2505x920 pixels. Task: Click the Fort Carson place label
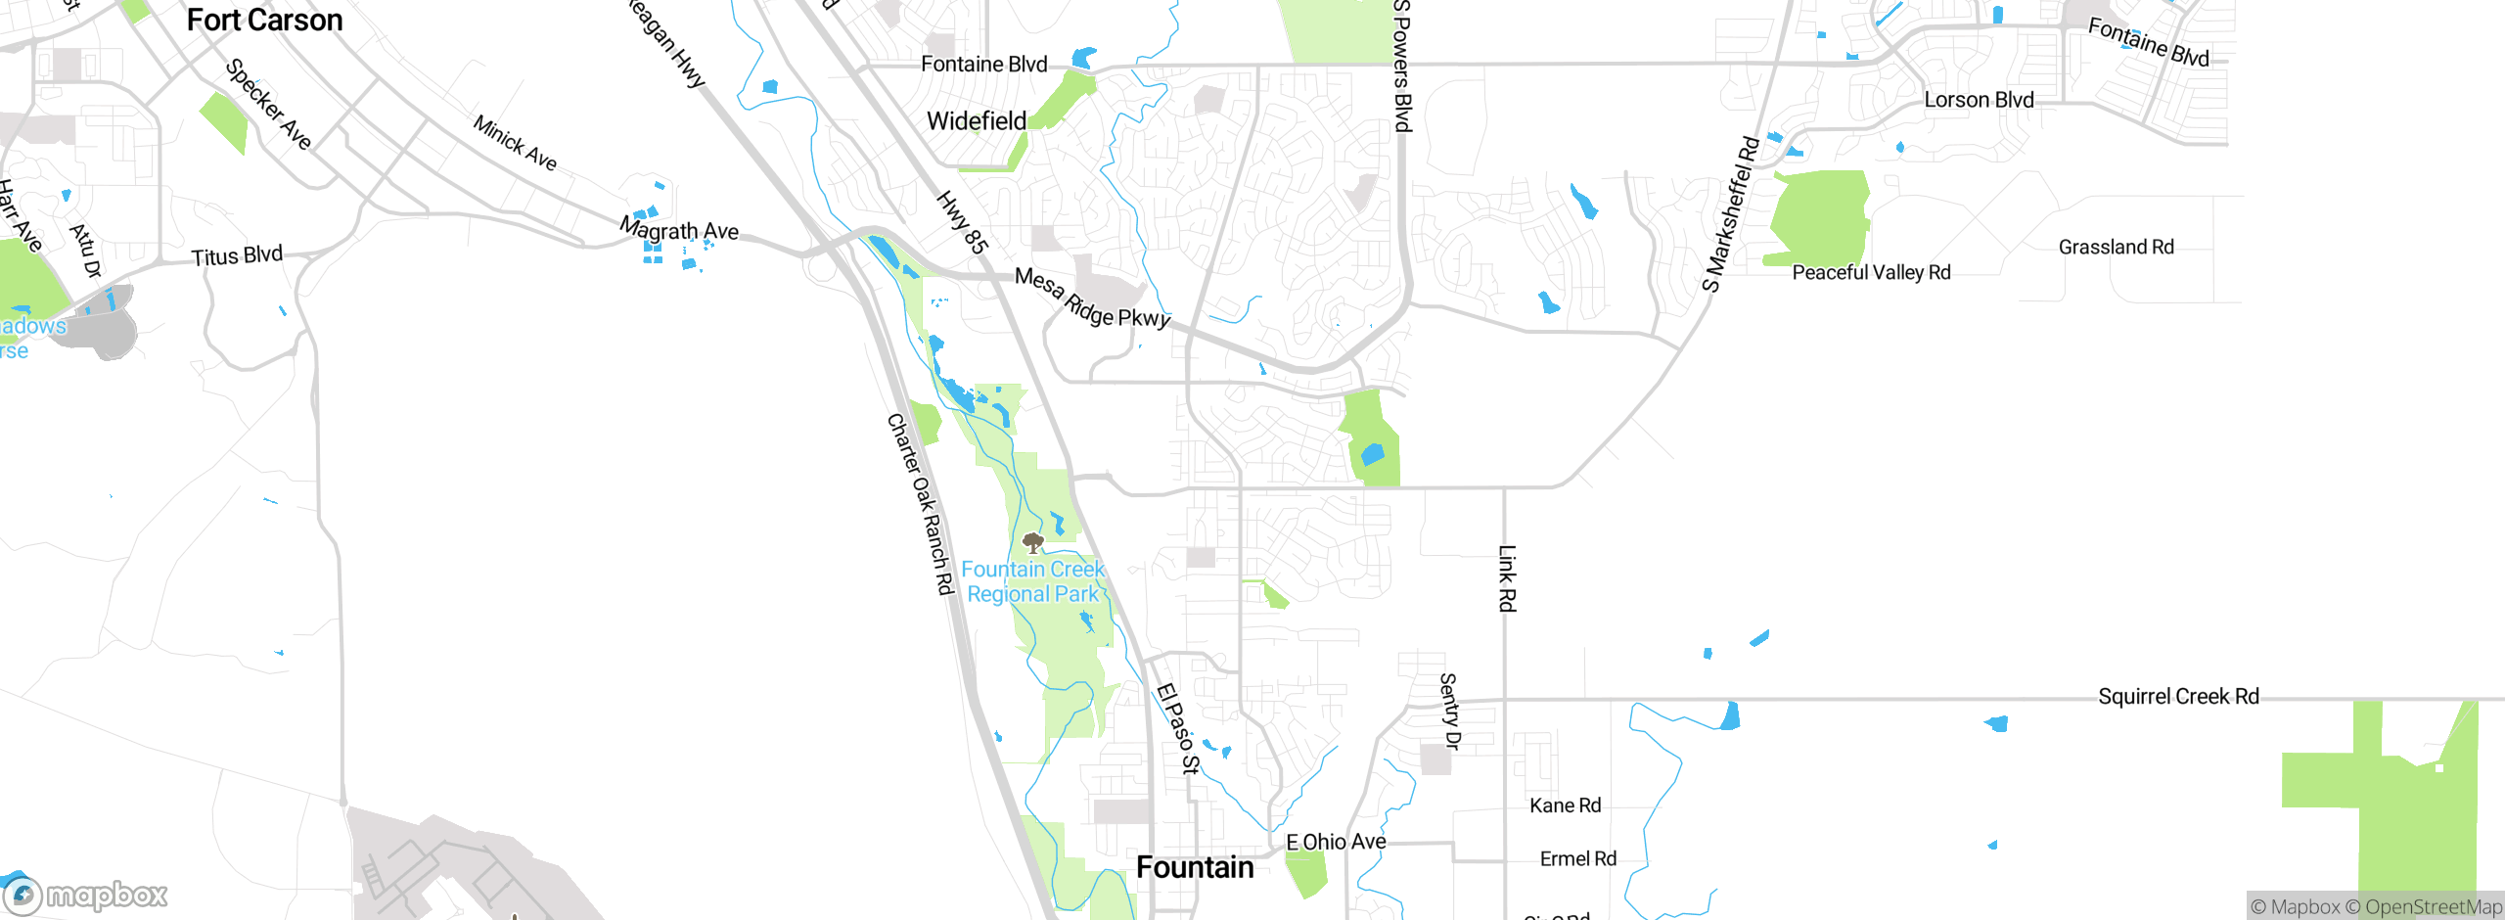(264, 21)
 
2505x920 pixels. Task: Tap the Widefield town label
(976, 121)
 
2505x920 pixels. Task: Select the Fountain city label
(1195, 868)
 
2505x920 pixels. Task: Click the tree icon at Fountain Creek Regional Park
(1032, 542)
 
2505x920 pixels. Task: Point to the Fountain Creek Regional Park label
(1032, 582)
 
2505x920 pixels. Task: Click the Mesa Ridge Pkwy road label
(1092, 299)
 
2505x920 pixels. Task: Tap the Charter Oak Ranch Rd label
(920, 504)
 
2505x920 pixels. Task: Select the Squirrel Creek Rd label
(2178, 697)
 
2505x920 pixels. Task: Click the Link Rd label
(1507, 578)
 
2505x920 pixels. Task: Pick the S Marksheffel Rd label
(1730, 214)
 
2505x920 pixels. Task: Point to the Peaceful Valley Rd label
(1871, 273)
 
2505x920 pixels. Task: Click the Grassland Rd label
(2116, 248)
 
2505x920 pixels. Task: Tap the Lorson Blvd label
(1979, 101)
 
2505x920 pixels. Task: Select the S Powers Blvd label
(1402, 67)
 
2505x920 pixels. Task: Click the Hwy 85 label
(961, 222)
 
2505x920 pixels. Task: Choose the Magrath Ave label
(679, 232)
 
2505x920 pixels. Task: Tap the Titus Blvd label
(237, 256)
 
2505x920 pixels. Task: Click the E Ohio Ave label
(1336, 843)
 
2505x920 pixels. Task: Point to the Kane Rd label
(1565, 805)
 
